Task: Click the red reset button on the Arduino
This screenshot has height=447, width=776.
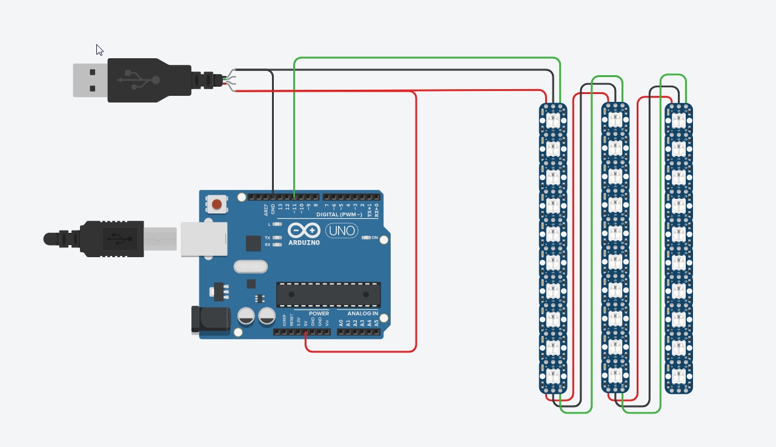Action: pyautogui.click(x=217, y=204)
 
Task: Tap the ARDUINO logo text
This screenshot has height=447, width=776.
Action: pyautogui.click(x=304, y=243)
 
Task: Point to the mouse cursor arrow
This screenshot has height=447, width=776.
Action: pyautogui.click(x=99, y=50)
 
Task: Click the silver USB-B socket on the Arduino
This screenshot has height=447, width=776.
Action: pyautogui.click(x=204, y=239)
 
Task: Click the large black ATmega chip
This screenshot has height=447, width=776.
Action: pyautogui.click(x=328, y=294)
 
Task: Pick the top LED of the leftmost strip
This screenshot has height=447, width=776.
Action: pyautogui.click(x=553, y=119)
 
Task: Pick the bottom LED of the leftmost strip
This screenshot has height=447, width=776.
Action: pyautogui.click(x=553, y=376)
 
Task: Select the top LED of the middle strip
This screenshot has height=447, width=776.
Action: pyautogui.click(x=615, y=119)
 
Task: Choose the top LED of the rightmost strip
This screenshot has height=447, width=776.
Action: pyautogui.click(x=678, y=119)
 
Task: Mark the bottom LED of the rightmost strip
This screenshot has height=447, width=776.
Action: pyautogui.click(x=678, y=376)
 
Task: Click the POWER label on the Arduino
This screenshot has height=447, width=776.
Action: pyautogui.click(x=319, y=314)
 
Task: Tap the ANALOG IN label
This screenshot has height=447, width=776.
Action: pyautogui.click(x=362, y=314)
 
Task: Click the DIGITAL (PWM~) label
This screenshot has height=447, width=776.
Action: pyautogui.click(x=339, y=215)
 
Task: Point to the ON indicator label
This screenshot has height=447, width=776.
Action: pyautogui.click(x=374, y=237)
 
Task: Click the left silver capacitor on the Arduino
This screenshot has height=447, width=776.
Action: pyautogui.click(x=246, y=316)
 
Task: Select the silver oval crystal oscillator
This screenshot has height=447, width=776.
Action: pyautogui.click(x=250, y=266)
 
